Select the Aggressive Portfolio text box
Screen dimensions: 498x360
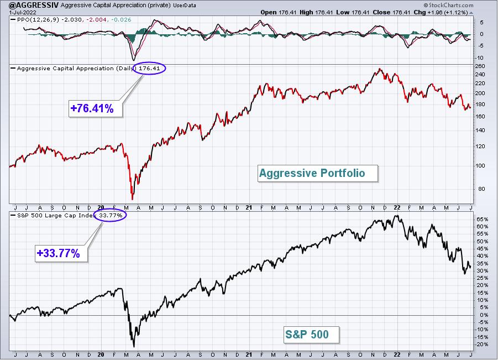[318, 173]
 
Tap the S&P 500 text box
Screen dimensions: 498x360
[312, 335]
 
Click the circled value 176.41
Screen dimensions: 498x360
[149, 69]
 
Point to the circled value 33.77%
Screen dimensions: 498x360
[110, 216]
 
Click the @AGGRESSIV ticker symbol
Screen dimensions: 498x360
[29, 5]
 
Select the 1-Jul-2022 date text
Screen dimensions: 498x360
[23, 13]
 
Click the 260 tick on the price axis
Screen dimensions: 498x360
[480, 66]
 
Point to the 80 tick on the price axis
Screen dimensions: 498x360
[482, 189]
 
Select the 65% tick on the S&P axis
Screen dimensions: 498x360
[482, 220]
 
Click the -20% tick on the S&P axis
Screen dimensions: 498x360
[481, 345]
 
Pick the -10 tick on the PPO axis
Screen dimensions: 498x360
[480, 58]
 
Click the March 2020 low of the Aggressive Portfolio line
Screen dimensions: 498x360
[132, 200]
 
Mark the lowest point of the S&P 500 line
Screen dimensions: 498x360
[134, 347]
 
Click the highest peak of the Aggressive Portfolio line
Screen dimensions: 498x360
[380, 69]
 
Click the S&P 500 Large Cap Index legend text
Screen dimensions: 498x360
[56, 216]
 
